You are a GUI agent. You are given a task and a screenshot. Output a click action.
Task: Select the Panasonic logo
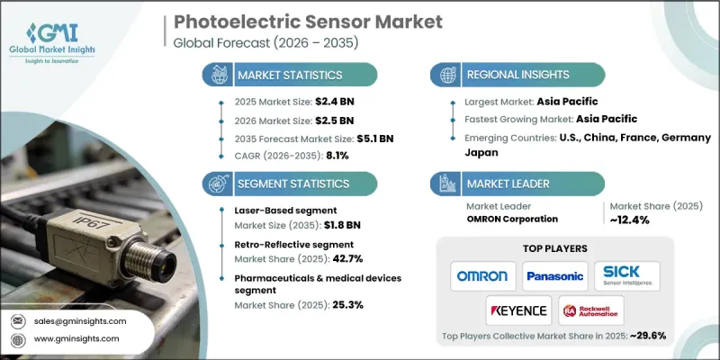[555, 274]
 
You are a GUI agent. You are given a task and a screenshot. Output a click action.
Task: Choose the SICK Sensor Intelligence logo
[627, 274]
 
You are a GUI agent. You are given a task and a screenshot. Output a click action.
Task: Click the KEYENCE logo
[519, 310]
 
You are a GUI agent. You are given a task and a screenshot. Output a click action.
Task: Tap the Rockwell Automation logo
[591, 310]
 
